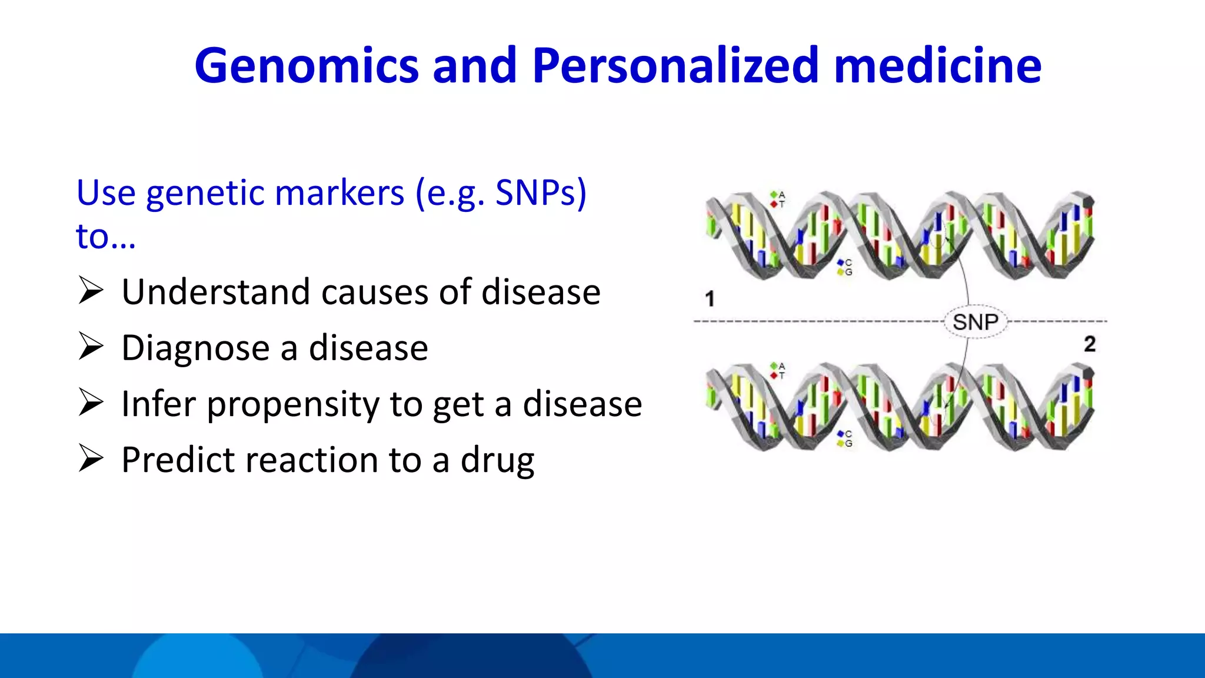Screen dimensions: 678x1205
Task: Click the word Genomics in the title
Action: (306, 66)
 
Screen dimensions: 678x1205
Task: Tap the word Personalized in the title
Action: (675, 66)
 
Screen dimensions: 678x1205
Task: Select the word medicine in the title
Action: (937, 66)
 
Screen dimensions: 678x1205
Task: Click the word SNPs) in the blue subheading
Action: (541, 193)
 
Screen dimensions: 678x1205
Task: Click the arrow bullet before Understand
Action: (91, 291)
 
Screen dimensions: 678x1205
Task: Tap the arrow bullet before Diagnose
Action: (91, 347)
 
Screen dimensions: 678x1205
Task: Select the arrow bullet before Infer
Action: (91, 403)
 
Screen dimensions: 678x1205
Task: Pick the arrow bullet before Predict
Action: (91, 459)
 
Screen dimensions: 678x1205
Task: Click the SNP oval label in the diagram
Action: (975, 322)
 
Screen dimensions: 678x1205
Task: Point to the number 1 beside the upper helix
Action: (710, 299)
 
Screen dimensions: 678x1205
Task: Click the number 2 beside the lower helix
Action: (1089, 344)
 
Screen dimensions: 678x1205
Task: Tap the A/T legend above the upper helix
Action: (778, 199)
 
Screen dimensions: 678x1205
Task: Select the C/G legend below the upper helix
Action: (844, 267)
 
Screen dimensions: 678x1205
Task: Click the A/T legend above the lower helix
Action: (778, 370)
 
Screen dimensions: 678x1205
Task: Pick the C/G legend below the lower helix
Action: (844, 438)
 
